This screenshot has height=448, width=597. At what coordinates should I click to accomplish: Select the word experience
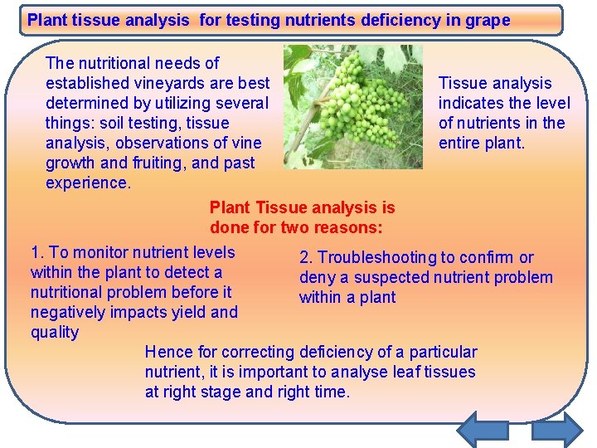click(x=89, y=183)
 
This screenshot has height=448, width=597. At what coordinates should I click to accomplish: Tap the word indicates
click(x=471, y=103)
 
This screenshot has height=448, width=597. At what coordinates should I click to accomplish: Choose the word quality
click(x=55, y=332)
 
